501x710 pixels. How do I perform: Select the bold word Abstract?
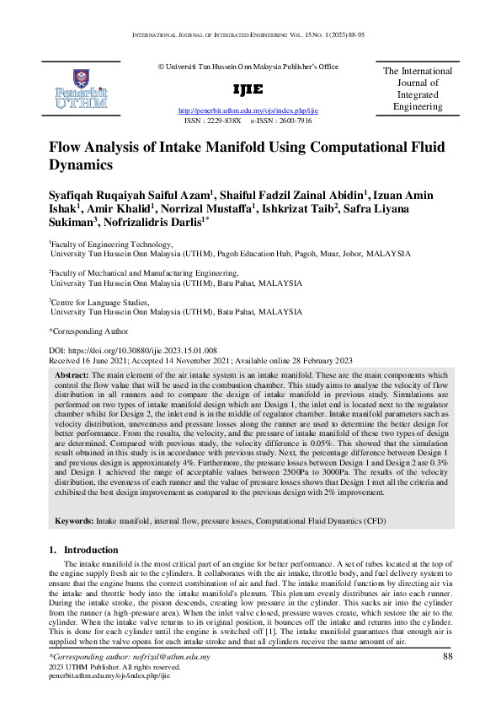click(x=72, y=374)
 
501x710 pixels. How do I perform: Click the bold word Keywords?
click(x=74, y=522)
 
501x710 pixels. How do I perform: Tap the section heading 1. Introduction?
click(x=86, y=550)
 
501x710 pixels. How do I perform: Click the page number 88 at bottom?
click(x=447, y=656)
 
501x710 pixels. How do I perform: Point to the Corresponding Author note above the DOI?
click(x=88, y=331)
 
